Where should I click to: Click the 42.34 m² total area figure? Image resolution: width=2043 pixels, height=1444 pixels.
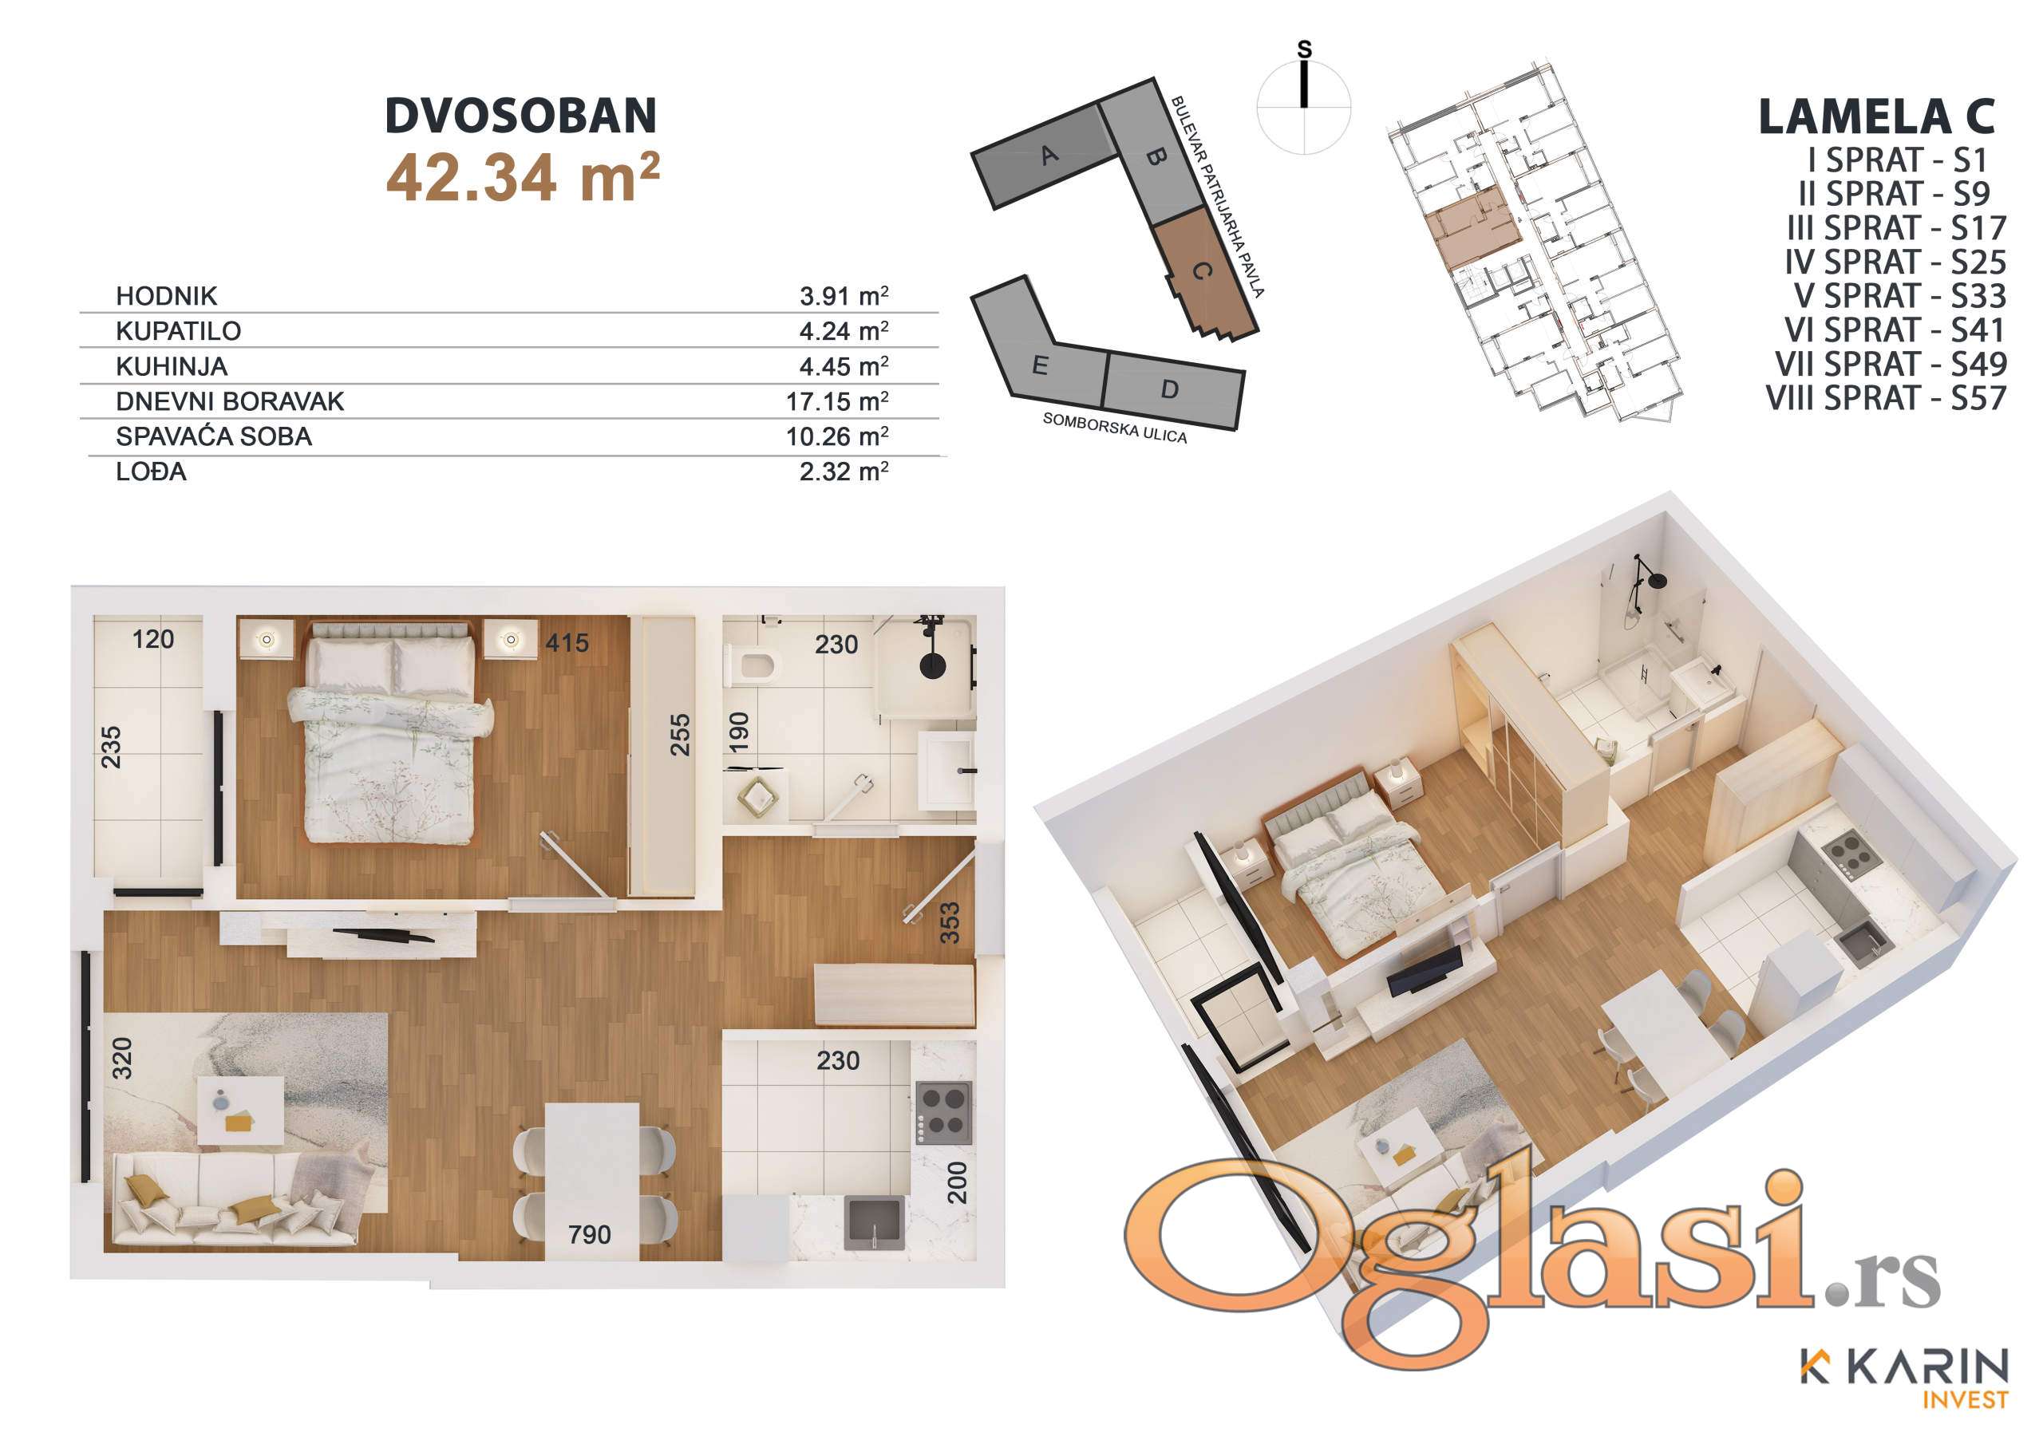tap(524, 177)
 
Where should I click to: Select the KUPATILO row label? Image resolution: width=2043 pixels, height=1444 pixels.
tap(178, 331)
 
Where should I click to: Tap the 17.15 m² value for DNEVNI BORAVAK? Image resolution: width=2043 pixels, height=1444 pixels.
tap(836, 401)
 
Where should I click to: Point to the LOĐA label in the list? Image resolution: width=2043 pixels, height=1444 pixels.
tap(152, 471)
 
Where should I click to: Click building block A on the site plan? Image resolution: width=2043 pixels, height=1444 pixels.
tap(1045, 156)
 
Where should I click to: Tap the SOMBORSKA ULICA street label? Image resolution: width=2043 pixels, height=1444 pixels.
tap(1115, 427)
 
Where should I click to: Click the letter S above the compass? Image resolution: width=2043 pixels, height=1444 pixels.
tap(1305, 49)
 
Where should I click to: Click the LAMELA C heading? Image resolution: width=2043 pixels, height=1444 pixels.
tap(1878, 117)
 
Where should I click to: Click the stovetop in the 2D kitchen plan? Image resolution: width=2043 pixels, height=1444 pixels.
tap(943, 1113)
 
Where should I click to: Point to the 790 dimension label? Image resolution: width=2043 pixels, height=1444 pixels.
tap(589, 1234)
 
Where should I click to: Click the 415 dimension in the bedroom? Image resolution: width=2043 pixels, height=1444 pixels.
tap(567, 642)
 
